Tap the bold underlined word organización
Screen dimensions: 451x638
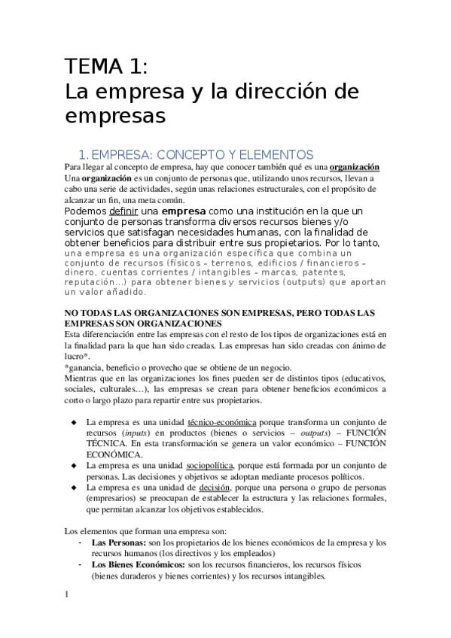click(x=354, y=166)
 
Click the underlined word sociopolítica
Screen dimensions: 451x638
click(x=214, y=466)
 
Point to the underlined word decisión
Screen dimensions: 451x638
click(x=207, y=488)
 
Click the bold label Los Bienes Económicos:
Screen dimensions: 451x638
click(x=138, y=564)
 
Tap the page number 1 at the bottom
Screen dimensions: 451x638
click(x=67, y=594)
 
